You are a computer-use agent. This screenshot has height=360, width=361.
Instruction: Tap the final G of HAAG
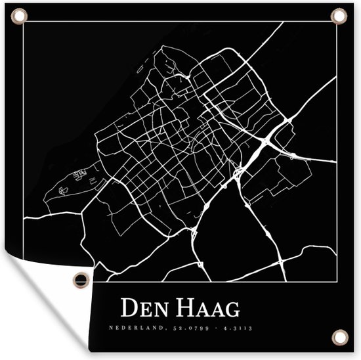coord(231,308)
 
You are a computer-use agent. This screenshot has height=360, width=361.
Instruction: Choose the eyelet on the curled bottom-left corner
coord(81,279)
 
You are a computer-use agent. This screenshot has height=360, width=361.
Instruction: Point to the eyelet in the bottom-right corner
coord(339,337)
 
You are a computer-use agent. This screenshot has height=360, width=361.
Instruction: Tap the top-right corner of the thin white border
coord(338,22)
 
